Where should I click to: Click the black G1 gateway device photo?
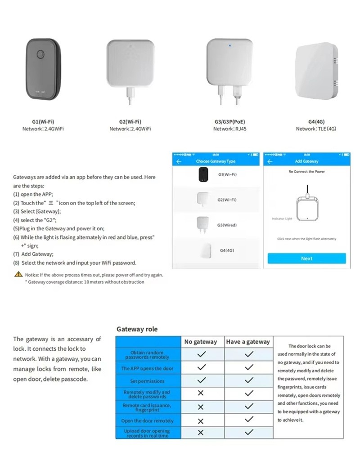click(x=41, y=68)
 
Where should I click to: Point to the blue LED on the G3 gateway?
click(x=229, y=45)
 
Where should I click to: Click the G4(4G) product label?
click(x=316, y=121)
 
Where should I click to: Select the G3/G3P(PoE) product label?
click(x=229, y=121)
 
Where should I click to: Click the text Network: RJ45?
click(x=229, y=129)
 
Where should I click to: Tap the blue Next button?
click(x=306, y=259)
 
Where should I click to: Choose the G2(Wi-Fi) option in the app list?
click(x=227, y=200)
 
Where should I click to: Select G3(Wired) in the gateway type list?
click(x=227, y=225)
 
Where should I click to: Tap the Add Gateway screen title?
click(x=306, y=161)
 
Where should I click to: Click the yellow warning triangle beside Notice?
click(x=18, y=274)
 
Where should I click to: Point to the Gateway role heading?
click(x=137, y=329)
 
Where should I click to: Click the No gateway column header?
click(x=201, y=342)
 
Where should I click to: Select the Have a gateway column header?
click(x=248, y=342)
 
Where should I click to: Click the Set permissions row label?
click(x=147, y=381)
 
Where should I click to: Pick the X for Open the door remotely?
click(x=201, y=421)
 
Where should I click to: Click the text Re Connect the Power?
click(x=306, y=172)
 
